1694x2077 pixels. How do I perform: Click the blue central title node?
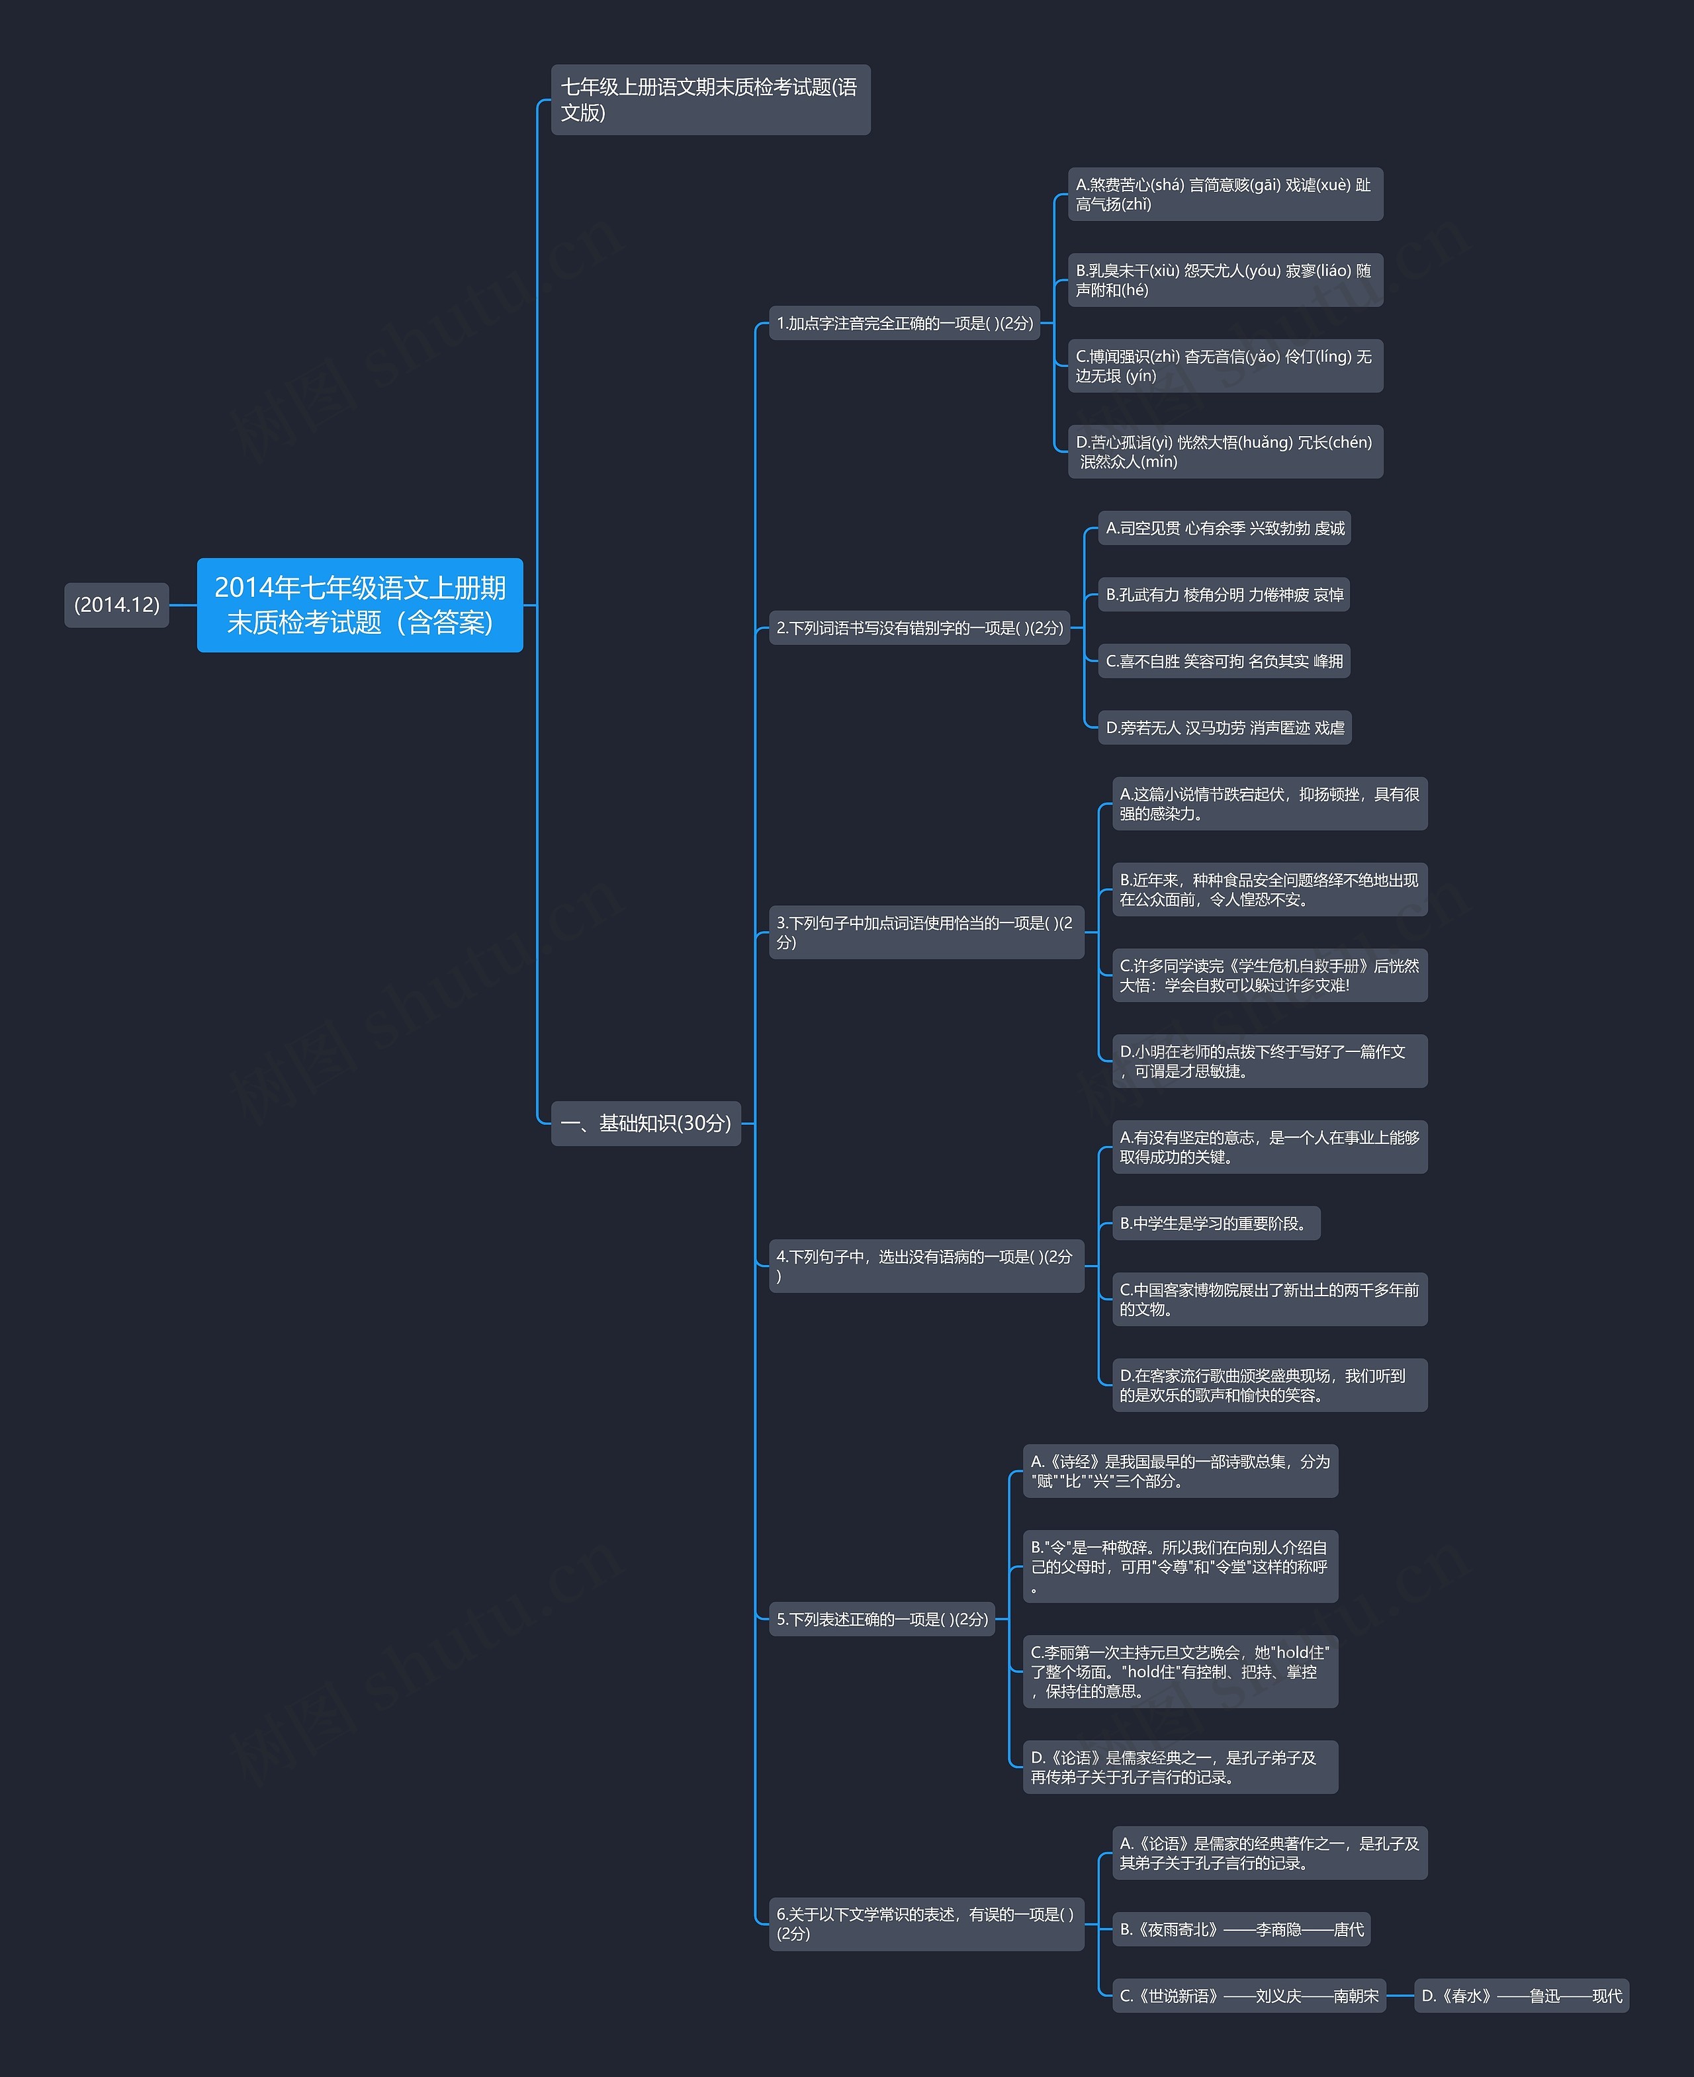360,605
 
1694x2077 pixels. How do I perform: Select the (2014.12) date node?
117,605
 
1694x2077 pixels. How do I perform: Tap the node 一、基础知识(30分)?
646,1123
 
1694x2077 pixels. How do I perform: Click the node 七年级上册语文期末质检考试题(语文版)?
711,99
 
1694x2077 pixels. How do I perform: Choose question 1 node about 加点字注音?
905,323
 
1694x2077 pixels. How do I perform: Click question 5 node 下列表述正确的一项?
882,1618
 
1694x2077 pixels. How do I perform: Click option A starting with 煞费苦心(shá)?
1226,194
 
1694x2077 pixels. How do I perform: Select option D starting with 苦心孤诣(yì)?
1226,452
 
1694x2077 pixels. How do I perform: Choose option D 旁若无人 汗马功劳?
1225,727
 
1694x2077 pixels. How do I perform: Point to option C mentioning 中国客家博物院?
1270,1298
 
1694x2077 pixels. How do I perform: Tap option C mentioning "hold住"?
1181,1671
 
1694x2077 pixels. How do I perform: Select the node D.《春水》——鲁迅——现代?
1521,1995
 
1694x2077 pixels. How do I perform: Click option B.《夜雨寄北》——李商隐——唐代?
1241,1929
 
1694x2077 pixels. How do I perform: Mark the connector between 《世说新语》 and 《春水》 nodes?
1400,1995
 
